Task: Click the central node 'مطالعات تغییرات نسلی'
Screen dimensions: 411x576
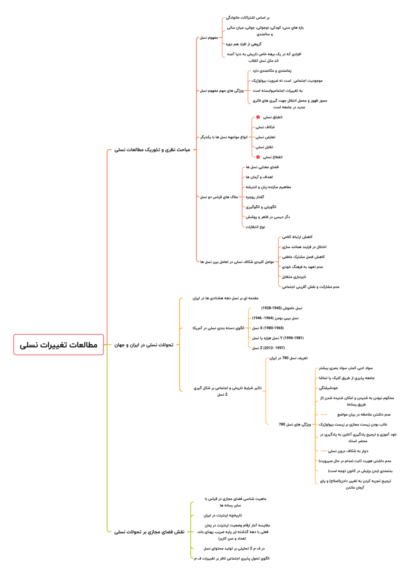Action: point(59,344)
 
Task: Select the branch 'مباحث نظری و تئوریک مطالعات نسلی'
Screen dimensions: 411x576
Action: point(152,150)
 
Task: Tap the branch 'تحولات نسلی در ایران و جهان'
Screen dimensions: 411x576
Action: point(144,345)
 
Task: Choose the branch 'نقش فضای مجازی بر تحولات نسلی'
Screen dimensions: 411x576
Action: point(149,532)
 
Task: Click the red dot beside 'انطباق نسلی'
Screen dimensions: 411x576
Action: point(258,117)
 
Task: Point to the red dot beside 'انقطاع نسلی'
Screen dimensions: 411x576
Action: point(258,157)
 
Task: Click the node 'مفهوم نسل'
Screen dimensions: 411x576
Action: point(209,38)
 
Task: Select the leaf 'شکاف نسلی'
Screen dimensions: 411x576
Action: point(265,127)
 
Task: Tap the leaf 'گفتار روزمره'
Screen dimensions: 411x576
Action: point(255,197)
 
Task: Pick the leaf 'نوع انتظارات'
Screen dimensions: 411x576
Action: point(255,227)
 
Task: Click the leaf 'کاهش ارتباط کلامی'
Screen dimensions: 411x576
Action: point(297,237)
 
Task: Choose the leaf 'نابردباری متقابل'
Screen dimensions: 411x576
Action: point(294,277)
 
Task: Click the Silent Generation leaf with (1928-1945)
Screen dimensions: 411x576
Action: point(282,308)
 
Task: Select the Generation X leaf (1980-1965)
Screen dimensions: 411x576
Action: point(268,328)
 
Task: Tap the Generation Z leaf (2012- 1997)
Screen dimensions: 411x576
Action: point(268,348)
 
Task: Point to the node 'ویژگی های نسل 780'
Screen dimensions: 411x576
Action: point(295,424)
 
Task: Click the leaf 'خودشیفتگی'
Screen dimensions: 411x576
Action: point(329,388)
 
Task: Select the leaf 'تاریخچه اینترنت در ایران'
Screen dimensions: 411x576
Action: point(223,515)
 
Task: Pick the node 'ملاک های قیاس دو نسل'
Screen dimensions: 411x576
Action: point(219,197)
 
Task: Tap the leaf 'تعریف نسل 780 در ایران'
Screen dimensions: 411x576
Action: point(289,358)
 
